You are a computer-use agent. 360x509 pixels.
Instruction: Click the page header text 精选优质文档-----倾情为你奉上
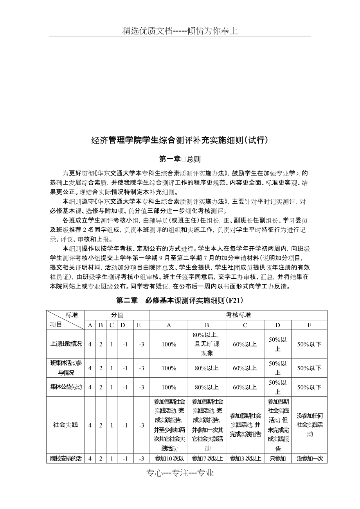(180, 31)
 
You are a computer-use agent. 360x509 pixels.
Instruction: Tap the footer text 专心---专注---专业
(180, 473)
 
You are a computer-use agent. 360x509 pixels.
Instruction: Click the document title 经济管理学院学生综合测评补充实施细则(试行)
(180, 140)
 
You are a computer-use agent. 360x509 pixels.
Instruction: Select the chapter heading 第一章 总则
(180, 159)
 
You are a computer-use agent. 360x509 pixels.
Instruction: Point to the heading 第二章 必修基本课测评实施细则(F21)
(180, 301)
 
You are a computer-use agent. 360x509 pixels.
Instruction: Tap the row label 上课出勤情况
(66, 344)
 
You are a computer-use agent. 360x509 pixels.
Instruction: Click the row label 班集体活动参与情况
(66, 368)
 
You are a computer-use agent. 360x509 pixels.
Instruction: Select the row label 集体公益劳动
(66, 387)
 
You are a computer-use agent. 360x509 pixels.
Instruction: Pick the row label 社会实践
(66, 425)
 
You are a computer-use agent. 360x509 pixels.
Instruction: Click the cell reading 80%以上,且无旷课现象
(207, 344)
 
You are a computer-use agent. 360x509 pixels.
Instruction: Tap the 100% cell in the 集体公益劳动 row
(169, 387)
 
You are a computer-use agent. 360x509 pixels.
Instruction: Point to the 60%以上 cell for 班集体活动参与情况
(245, 368)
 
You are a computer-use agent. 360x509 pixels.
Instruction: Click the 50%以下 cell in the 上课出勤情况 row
(309, 344)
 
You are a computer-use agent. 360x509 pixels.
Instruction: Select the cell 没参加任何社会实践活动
(309, 425)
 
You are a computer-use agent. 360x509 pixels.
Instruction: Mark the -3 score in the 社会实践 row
(141, 425)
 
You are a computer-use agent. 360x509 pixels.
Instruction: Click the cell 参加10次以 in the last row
(169, 459)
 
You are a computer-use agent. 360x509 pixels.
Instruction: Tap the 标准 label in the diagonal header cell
(72, 315)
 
